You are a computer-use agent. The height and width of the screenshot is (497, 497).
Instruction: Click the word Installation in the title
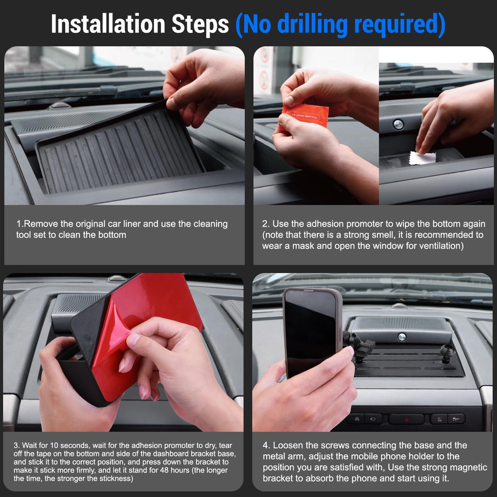pos(108,24)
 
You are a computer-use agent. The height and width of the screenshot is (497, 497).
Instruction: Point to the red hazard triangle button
pos(406,420)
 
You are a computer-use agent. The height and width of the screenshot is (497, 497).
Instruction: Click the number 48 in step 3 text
pos(164,470)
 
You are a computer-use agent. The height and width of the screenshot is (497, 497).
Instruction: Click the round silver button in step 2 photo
pos(398,125)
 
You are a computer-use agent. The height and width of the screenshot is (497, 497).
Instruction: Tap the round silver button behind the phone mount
pos(402,337)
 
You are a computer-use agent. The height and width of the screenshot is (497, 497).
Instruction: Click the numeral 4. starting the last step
pos(266,445)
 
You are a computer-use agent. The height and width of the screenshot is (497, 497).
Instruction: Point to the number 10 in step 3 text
pos(54,445)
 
